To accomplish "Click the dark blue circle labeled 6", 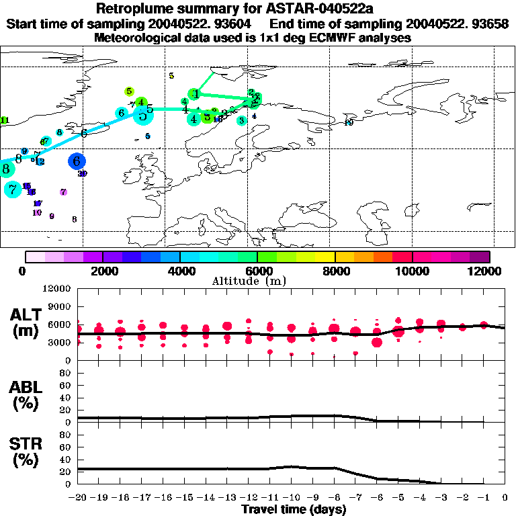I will pos(77,161).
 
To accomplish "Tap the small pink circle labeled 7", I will pos(63,192).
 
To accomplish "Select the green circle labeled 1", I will pos(194,93).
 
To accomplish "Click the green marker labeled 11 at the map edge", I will pos(4,121).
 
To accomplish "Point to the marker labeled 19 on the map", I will pos(348,122).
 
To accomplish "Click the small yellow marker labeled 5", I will pos(171,76).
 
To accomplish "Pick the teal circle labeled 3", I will pos(241,120).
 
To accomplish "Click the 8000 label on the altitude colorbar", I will pos(335,271).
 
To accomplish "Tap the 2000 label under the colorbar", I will pos(102,271).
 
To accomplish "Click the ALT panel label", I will pos(26,322).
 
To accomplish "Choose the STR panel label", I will pos(26,451).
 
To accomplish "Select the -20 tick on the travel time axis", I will pos(77,498).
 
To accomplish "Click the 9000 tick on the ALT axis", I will pos(60,306).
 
